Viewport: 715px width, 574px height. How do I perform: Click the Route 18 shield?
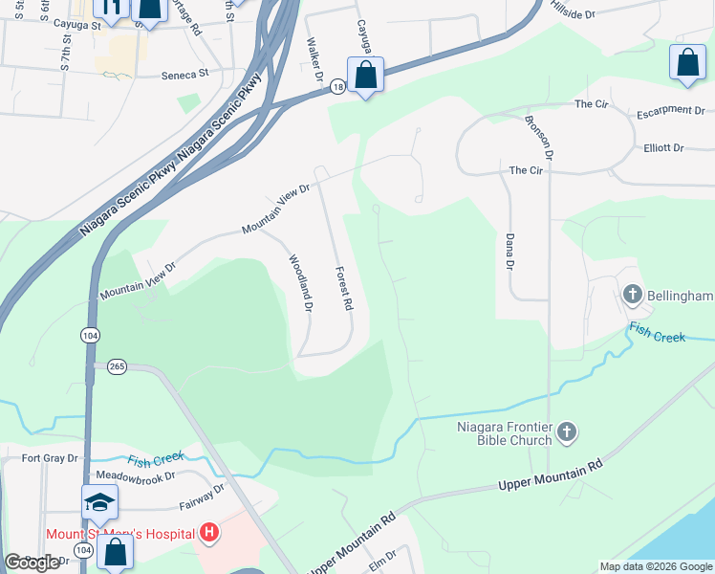[337, 87]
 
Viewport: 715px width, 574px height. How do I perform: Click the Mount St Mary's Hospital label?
[120, 533]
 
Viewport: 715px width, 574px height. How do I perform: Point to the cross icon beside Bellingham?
[632, 295]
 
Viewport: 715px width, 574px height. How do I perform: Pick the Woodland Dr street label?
[300, 283]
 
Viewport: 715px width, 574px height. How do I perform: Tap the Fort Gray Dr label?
[49, 458]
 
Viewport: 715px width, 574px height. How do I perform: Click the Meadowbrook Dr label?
[130, 475]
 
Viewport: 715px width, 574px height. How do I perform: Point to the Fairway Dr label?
[202, 495]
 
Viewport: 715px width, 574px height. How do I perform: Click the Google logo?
[32, 563]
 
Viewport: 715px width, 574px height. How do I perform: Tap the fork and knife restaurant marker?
[110, 9]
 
